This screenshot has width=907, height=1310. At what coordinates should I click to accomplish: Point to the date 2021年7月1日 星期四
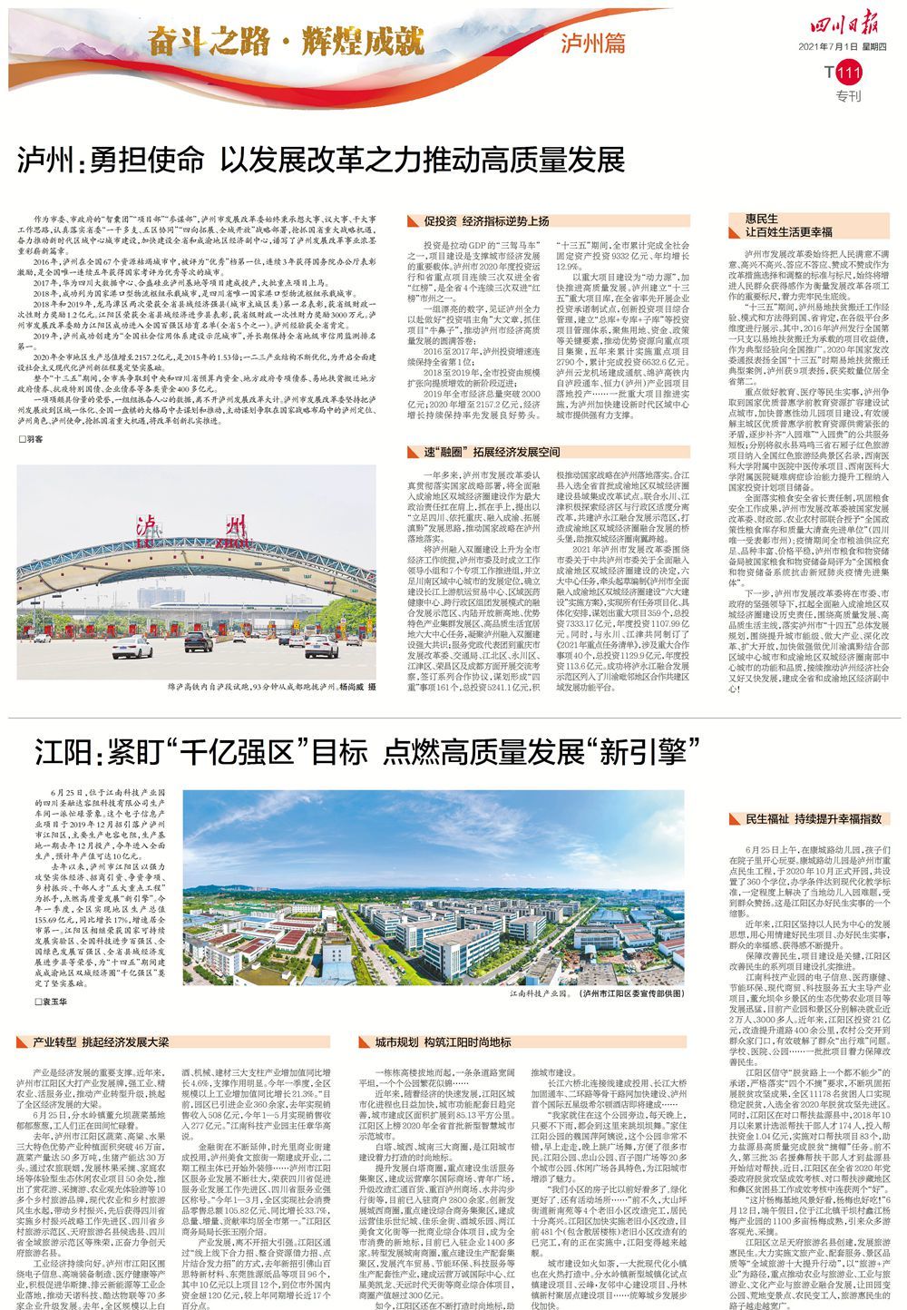point(841,47)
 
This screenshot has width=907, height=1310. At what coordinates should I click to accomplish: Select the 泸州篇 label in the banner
point(593,43)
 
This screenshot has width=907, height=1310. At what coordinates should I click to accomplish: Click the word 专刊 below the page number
point(846,96)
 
